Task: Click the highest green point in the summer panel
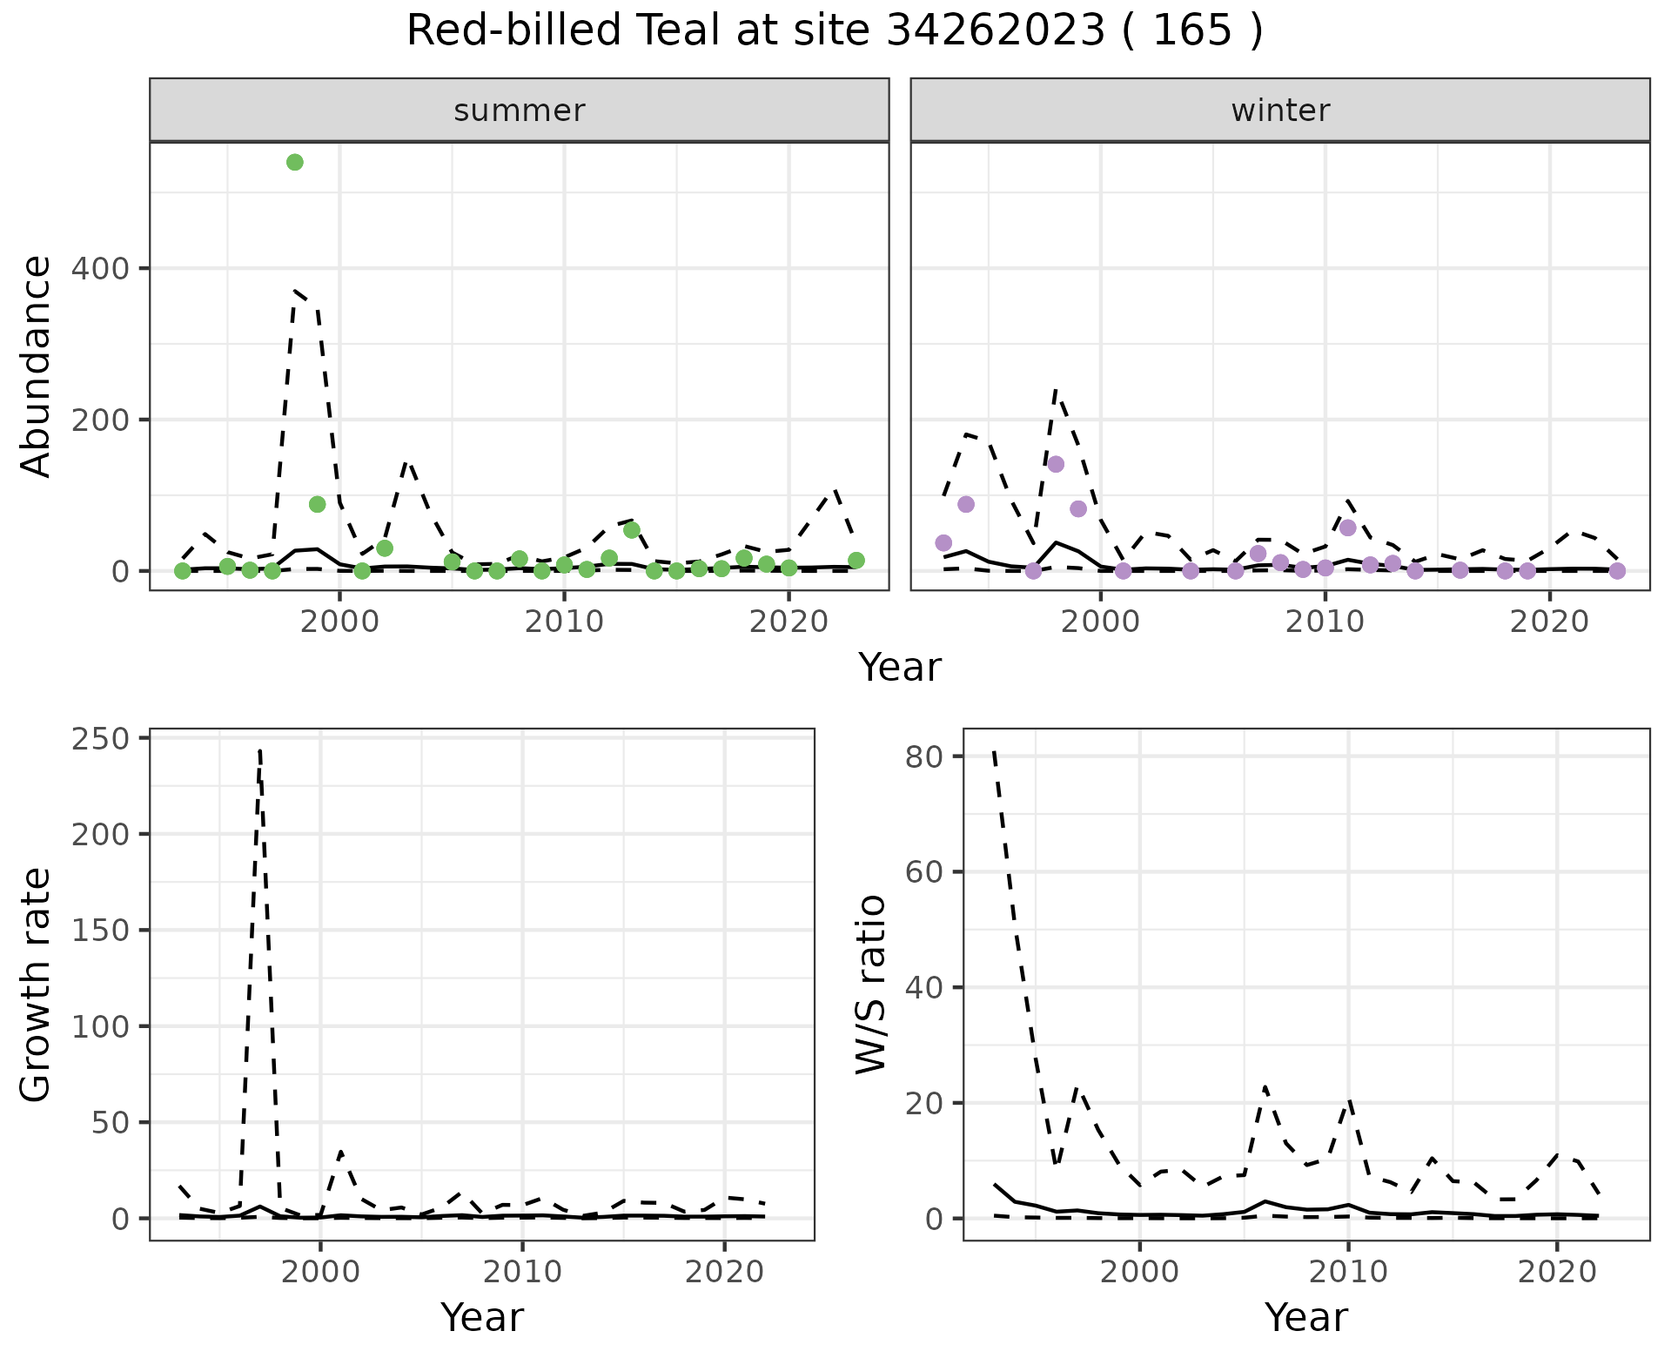click(295, 162)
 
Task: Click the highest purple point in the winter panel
click(1056, 464)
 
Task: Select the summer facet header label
click(520, 111)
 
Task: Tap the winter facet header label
click(1280, 111)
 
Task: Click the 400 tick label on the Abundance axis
click(103, 269)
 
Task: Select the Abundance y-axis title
click(37, 366)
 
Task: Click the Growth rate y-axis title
click(37, 985)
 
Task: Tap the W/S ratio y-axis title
click(870, 985)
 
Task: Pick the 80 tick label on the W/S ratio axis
click(925, 756)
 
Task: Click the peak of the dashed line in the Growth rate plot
click(260, 750)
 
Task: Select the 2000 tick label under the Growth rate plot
click(320, 1272)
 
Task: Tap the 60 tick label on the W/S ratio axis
click(925, 872)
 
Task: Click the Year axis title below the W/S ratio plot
click(1305, 1317)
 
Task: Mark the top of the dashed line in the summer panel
click(296, 291)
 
